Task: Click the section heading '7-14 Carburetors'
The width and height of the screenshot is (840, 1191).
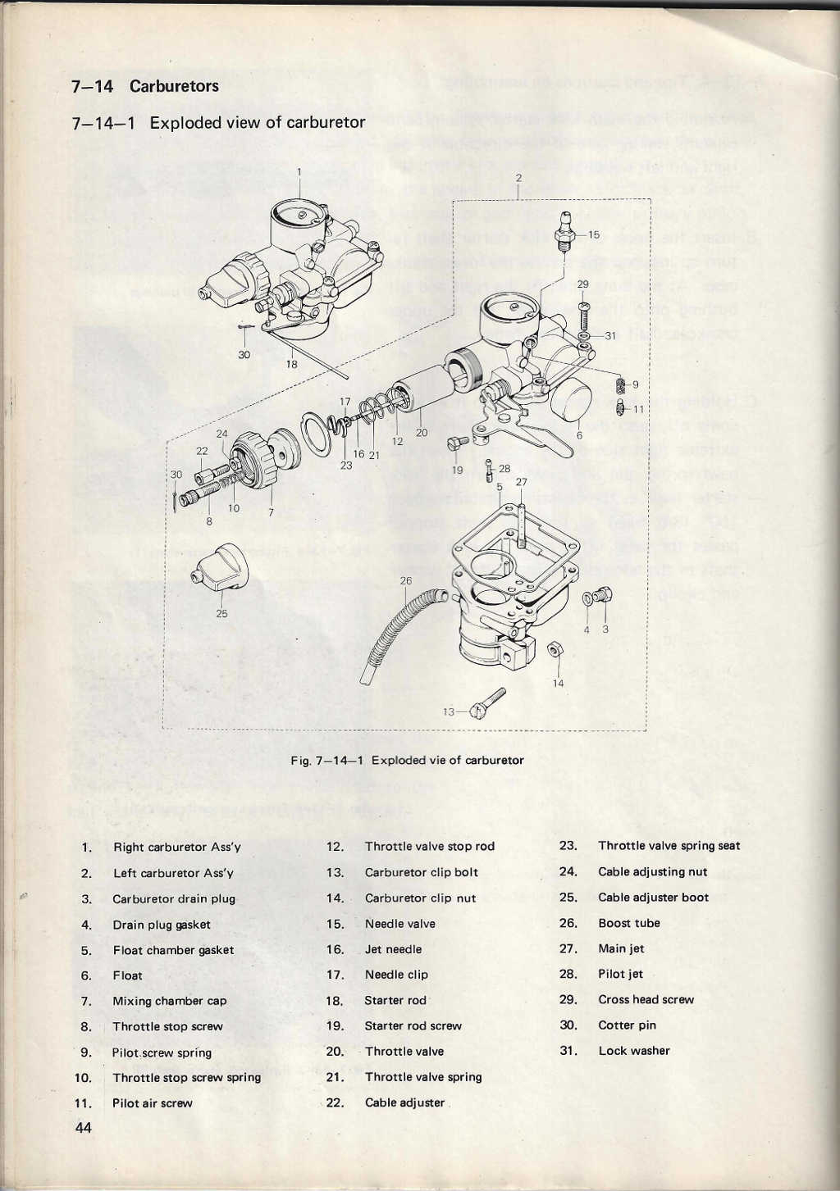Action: [x=145, y=86]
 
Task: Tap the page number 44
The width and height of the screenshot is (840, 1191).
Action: [x=83, y=1128]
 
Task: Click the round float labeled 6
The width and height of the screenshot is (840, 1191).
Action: [x=572, y=400]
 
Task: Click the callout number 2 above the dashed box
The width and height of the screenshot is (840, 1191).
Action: [x=518, y=177]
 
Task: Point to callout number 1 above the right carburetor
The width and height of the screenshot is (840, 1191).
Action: [x=299, y=172]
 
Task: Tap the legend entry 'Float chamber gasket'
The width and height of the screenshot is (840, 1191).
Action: [x=173, y=950]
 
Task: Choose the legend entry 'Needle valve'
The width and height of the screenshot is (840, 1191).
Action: [x=400, y=924]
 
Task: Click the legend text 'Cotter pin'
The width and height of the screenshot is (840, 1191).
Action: [x=627, y=1025]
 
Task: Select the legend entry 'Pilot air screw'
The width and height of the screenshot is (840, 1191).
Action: [x=152, y=1103]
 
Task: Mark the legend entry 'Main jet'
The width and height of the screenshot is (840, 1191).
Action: [x=621, y=948]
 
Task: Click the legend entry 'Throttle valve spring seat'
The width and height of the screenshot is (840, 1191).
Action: [x=669, y=846]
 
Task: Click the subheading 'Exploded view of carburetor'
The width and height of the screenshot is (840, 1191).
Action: [x=257, y=123]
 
